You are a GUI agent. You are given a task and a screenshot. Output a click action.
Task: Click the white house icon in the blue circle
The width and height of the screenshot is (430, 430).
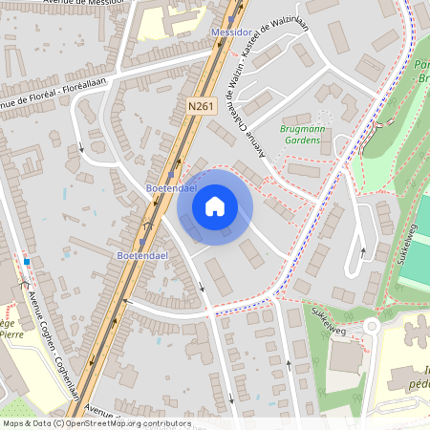(x=214, y=205)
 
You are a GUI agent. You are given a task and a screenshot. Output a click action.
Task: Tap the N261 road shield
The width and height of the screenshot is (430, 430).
(x=200, y=107)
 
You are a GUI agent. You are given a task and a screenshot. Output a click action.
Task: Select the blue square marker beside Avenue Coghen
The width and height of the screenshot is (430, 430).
(x=28, y=262)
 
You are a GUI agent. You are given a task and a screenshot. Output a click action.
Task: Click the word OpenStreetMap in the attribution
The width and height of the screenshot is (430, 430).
(x=102, y=423)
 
